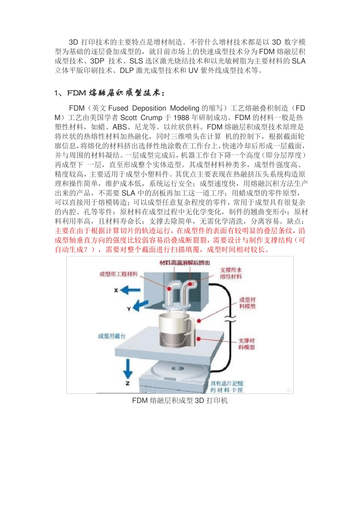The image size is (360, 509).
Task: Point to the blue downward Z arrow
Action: click(x=128, y=368)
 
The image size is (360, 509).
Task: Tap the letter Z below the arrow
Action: click(x=128, y=383)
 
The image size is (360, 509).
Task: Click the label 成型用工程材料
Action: click(x=119, y=274)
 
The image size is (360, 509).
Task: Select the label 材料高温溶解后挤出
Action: click(x=185, y=263)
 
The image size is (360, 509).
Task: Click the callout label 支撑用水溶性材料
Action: click(x=231, y=273)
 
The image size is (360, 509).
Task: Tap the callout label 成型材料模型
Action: click(x=247, y=303)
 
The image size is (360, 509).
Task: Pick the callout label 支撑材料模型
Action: click(x=246, y=344)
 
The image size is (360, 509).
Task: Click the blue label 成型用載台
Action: click(x=112, y=336)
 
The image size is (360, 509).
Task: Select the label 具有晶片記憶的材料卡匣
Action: click(x=227, y=387)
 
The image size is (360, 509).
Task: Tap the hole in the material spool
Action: click(x=177, y=368)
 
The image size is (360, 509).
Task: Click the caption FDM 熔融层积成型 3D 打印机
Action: click(x=180, y=401)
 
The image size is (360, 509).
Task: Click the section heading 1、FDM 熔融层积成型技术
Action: click(x=110, y=93)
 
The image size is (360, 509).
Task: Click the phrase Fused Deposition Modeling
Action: click(x=154, y=108)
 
